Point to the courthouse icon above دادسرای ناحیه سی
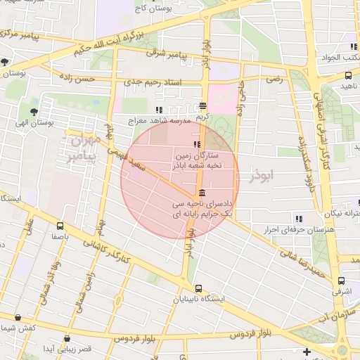202,193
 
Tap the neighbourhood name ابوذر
264,175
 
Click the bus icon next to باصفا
59,226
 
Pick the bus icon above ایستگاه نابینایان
199,288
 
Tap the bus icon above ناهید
349,75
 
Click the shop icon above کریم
202,105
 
